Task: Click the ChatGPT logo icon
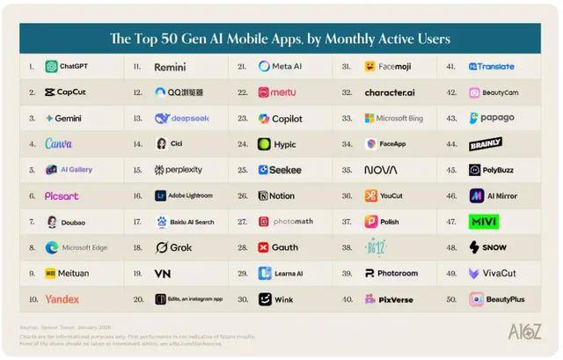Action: (51, 66)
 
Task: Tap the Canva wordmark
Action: (59, 143)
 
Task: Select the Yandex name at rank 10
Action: (62, 299)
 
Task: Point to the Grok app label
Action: (179, 247)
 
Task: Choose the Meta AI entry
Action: (281, 66)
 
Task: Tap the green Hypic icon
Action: (265, 143)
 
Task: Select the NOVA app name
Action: (381, 170)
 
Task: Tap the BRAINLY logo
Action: (486, 143)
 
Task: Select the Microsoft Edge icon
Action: (52, 247)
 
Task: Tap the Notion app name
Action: (282, 195)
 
